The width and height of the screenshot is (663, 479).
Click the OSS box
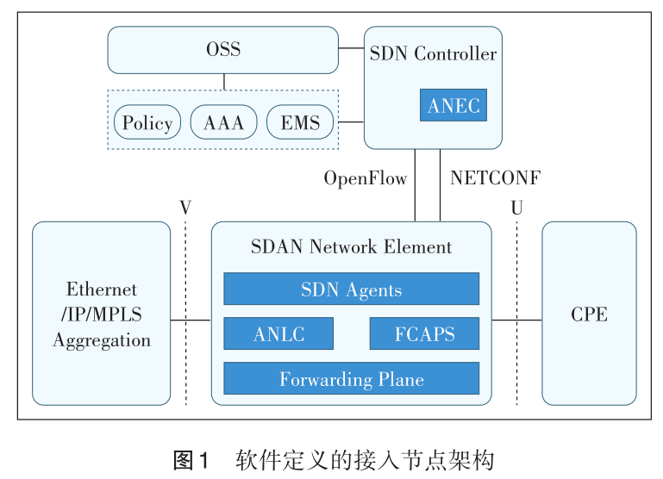point(222,49)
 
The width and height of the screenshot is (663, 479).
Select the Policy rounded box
point(147,122)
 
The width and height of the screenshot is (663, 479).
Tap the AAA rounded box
point(223,122)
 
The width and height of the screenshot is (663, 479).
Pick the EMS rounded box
point(300,122)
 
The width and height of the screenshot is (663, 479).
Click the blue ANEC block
point(453,105)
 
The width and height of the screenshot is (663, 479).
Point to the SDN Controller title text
point(433,53)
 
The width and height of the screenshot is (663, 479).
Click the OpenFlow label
point(365,178)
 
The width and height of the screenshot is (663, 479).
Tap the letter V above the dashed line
point(185,208)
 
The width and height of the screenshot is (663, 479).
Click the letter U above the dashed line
point(516,208)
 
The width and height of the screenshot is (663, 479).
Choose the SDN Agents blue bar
point(351,289)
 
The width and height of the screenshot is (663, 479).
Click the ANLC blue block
point(278,333)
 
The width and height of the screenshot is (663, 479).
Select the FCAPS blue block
point(424,333)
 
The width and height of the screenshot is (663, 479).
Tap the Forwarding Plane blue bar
point(351,378)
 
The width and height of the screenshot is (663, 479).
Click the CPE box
point(589,314)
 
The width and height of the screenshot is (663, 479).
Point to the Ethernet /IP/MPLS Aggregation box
point(102,314)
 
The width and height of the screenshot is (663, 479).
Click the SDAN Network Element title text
point(351,247)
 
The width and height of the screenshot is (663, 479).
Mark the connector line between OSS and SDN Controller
point(351,49)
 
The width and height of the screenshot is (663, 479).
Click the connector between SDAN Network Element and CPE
point(516,320)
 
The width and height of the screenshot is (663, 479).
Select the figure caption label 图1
point(191,459)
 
